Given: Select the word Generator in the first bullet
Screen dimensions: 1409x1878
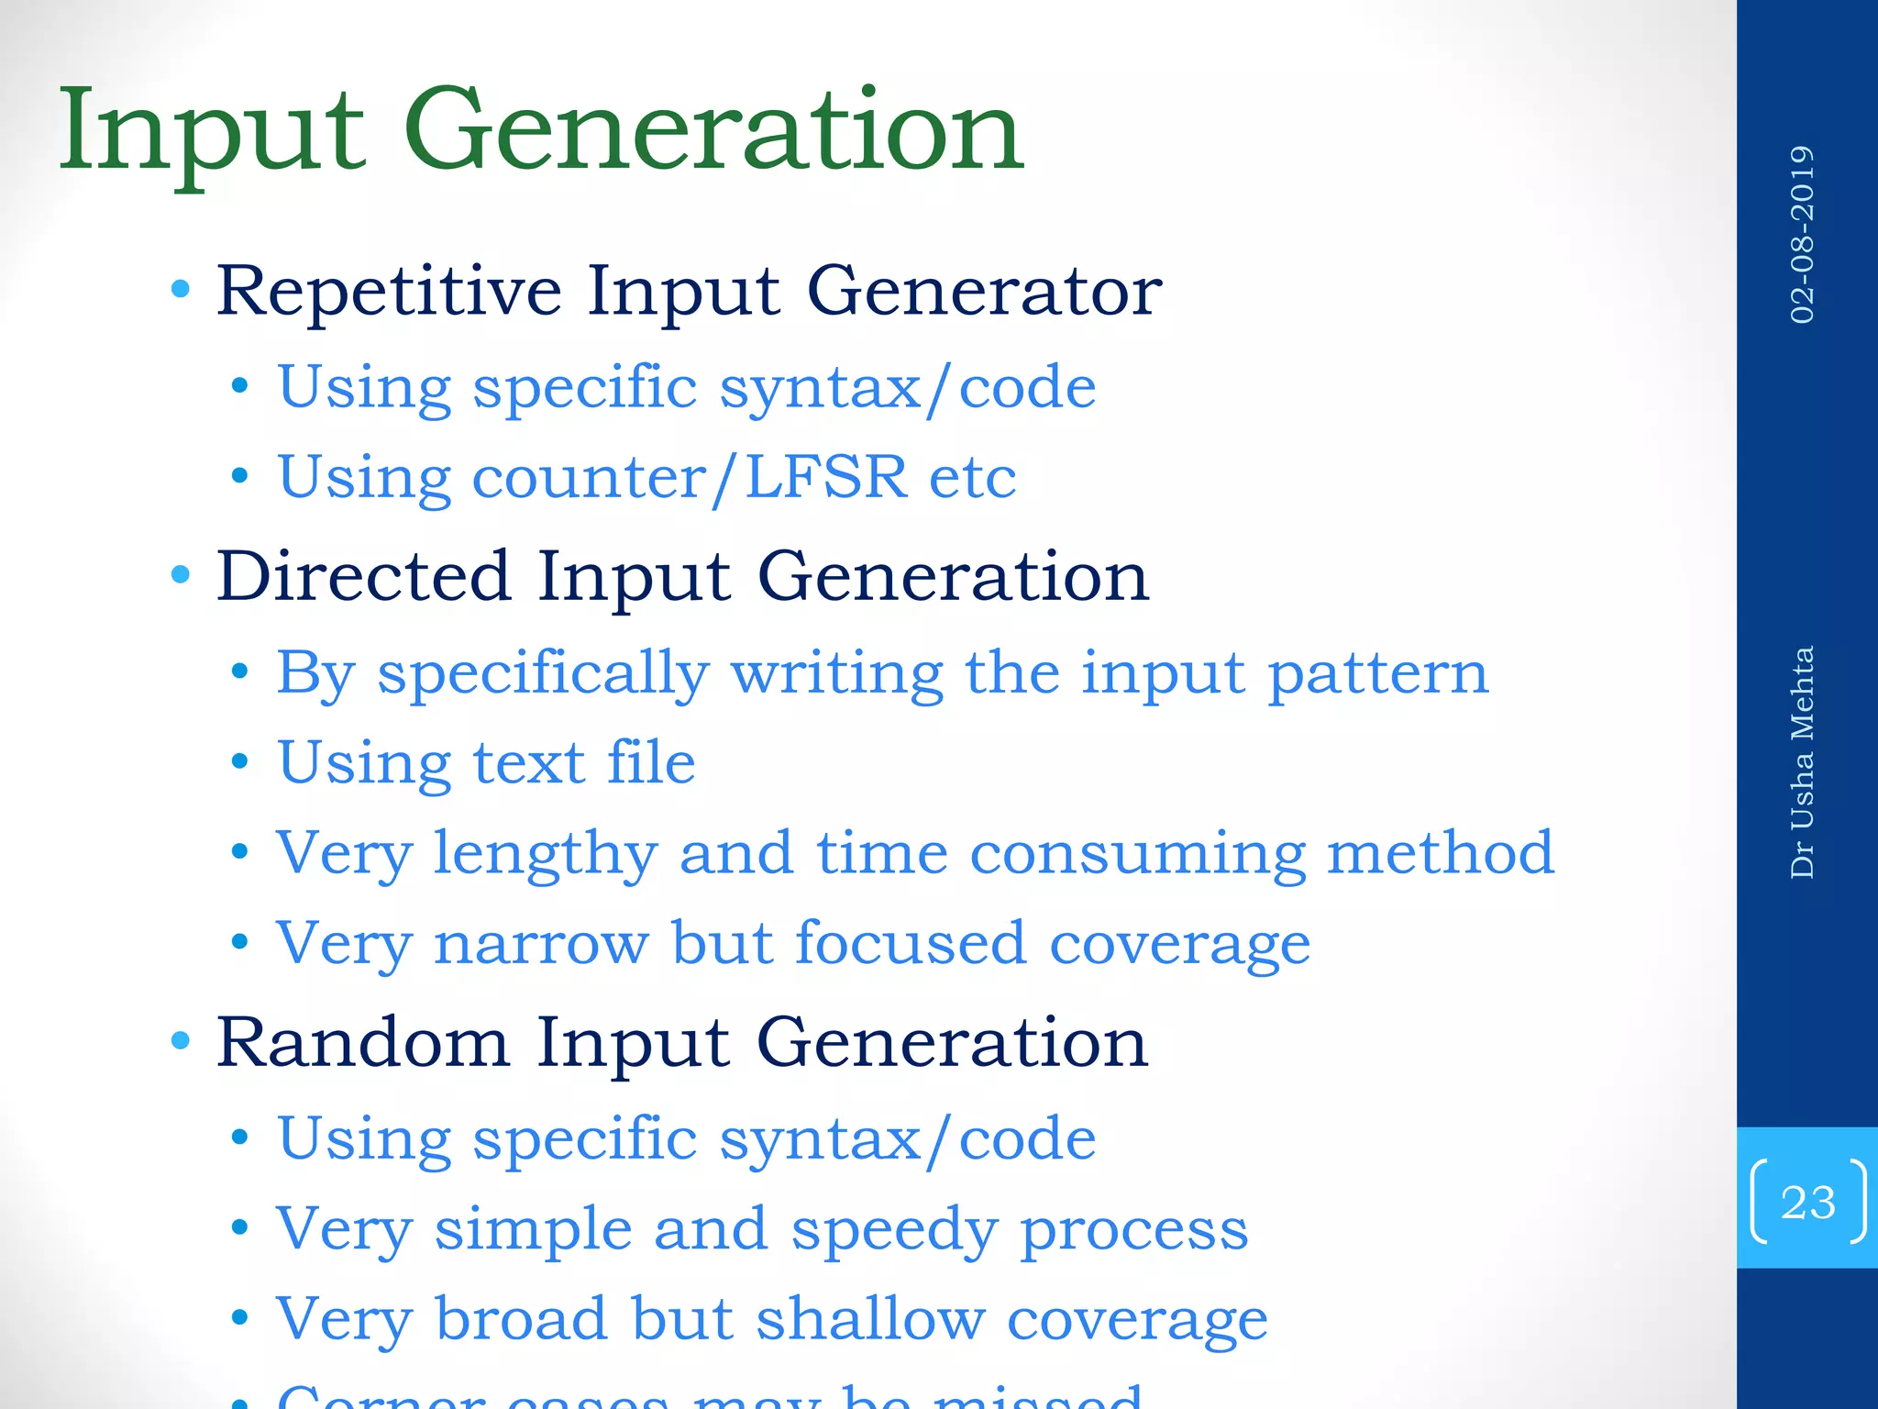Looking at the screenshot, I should pyautogui.click(x=984, y=292).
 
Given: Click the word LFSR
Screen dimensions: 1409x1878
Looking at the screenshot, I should pyautogui.click(x=825, y=477).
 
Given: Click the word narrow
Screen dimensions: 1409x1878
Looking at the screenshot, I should pyautogui.click(x=541, y=944).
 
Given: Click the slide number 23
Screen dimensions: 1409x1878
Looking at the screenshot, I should pyautogui.click(x=1807, y=1202).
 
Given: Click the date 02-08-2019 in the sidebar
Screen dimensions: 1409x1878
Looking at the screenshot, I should pyautogui.click(x=1802, y=234).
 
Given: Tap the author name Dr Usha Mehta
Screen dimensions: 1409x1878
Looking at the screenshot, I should pyautogui.click(x=1802, y=762).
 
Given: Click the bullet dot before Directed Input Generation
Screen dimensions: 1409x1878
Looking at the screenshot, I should pyautogui.click(x=181, y=575).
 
